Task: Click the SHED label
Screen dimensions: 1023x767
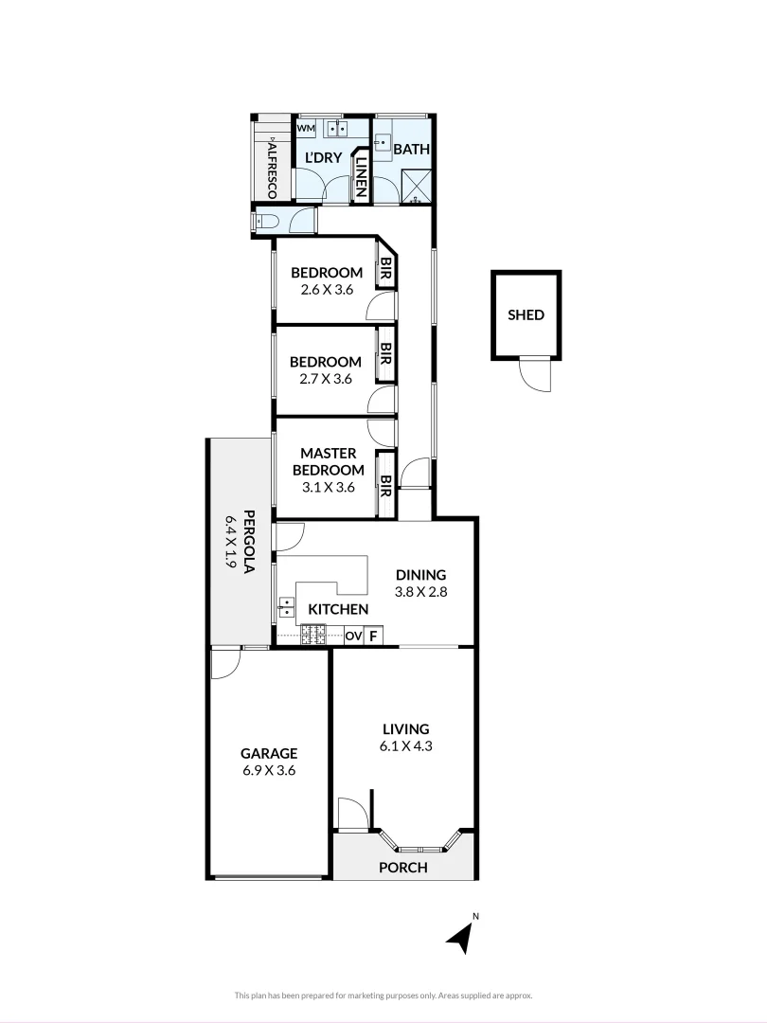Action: (x=526, y=315)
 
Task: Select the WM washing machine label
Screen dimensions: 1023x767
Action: (x=306, y=128)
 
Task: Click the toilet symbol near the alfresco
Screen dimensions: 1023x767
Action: (x=266, y=221)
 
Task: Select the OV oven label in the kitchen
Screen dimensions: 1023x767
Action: (x=352, y=636)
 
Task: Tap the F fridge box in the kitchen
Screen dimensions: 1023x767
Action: (x=374, y=636)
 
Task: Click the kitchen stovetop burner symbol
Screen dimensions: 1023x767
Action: (x=313, y=636)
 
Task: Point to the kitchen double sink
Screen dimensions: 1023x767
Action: (x=285, y=605)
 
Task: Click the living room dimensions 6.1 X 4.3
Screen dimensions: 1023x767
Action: (x=406, y=745)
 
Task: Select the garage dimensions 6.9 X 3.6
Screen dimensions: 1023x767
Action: (x=269, y=770)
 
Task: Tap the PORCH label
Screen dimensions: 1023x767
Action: (x=403, y=868)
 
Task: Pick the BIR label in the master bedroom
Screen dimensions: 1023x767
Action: (x=385, y=485)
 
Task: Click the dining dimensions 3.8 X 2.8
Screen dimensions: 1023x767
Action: (x=420, y=591)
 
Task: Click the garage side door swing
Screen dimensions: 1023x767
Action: (x=223, y=664)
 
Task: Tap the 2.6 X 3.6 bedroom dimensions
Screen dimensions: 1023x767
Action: (x=327, y=290)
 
